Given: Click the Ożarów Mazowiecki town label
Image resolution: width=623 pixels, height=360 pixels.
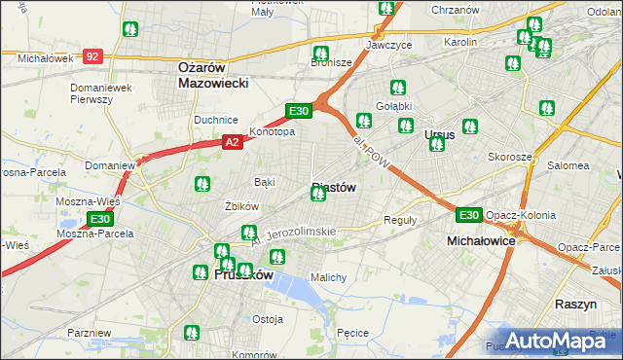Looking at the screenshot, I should pos(214,75).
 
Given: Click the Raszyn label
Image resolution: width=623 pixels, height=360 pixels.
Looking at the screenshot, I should pos(575,304).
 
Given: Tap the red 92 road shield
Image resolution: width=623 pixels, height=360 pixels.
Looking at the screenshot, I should pos(92,57).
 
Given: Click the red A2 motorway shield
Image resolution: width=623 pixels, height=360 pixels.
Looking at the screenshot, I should pos(232,142).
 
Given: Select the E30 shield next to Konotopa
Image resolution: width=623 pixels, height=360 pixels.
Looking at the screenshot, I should pos(299,111).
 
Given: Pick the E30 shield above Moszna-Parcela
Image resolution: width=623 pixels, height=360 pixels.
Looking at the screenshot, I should pos(99,220).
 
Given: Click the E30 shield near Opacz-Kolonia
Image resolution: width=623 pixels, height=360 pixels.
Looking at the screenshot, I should pos(469,215).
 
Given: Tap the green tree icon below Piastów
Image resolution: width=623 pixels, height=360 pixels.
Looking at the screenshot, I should pos(317,195).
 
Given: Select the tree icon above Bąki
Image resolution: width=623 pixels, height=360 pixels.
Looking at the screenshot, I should pos(202,183).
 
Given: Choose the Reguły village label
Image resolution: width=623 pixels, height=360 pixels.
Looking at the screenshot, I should pos(400,220).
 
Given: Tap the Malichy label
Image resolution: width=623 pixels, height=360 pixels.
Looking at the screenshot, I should pos(328,277).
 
